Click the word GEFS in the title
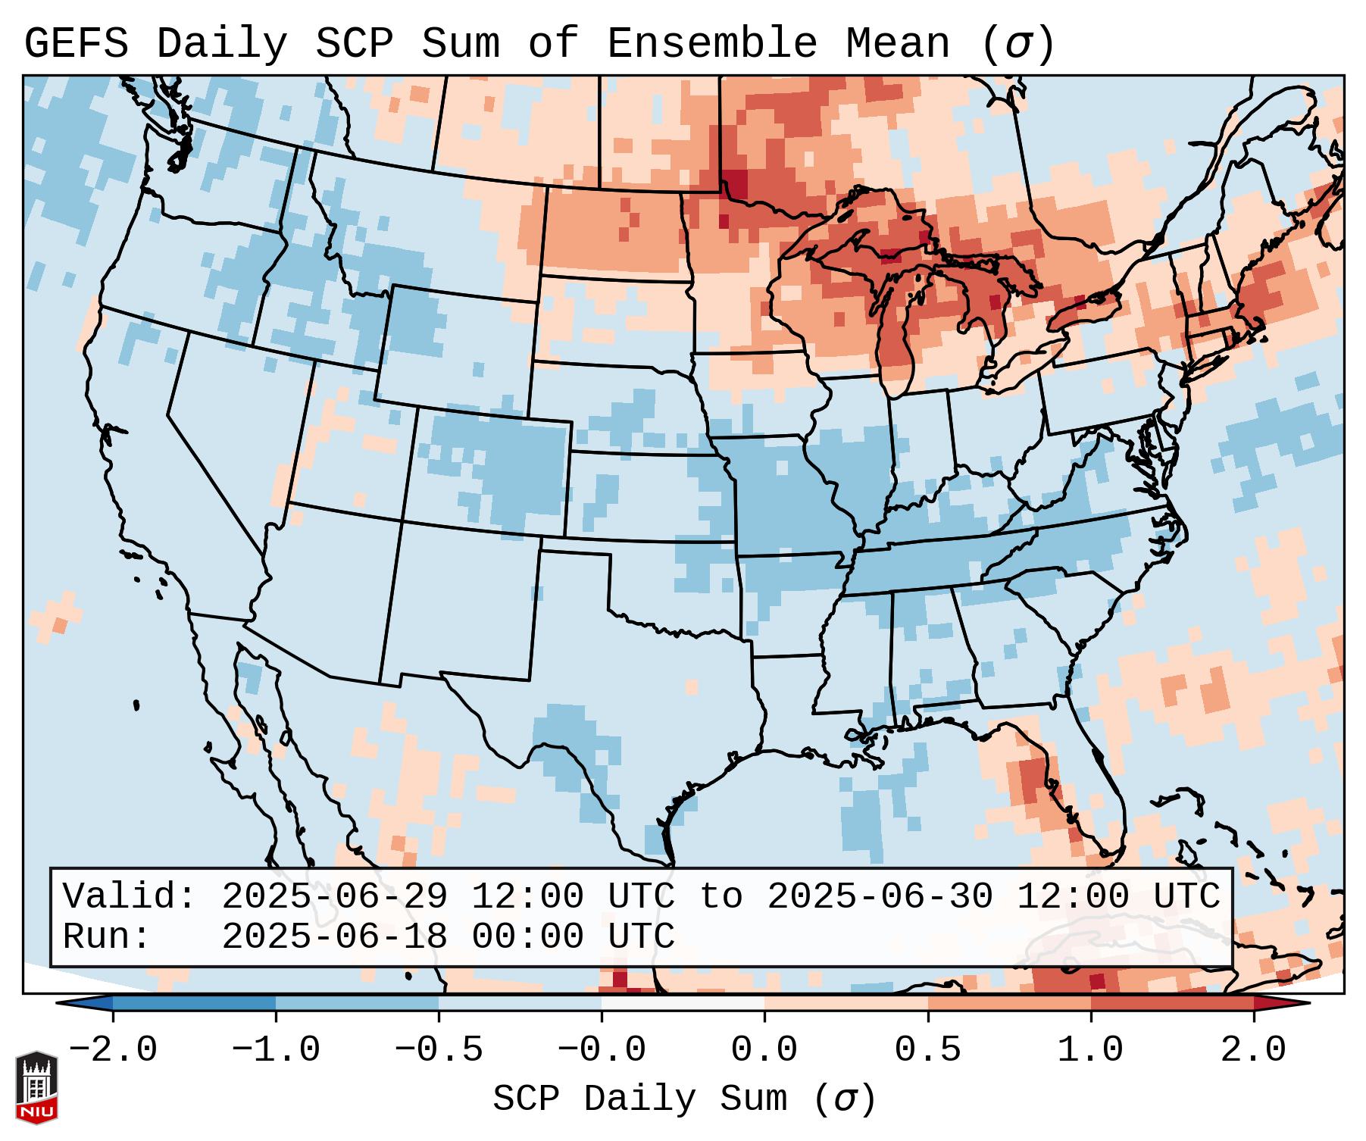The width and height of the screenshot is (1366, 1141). pos(76,44)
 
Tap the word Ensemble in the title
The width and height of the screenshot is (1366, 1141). pos(712,44)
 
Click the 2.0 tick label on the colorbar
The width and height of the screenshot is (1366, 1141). pos(1254,1050)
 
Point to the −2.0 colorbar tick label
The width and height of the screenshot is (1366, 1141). pos(113,1050)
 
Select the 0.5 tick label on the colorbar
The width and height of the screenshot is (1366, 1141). pos(928,1050)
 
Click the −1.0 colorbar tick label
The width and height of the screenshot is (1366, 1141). pos(276,1050)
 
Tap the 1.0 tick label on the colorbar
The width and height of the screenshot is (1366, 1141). pos(1091,1050)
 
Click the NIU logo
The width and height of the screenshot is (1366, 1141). pos(36,1088)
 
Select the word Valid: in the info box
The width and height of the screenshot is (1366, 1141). pos(130,896)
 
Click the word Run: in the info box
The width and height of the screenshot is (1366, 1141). pos(107,936)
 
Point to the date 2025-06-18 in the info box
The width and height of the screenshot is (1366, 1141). pos(334,936)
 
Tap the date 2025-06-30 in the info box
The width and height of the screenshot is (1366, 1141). pos(880,896)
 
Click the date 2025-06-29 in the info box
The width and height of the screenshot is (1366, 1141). pos(334,896)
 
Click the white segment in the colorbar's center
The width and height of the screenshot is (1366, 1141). pos(683,1003)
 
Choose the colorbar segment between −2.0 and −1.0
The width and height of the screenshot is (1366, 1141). pos(194,1003)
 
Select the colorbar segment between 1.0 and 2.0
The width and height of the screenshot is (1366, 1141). pos(1172,1003)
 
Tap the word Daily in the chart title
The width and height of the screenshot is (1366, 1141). pos(222,44)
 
